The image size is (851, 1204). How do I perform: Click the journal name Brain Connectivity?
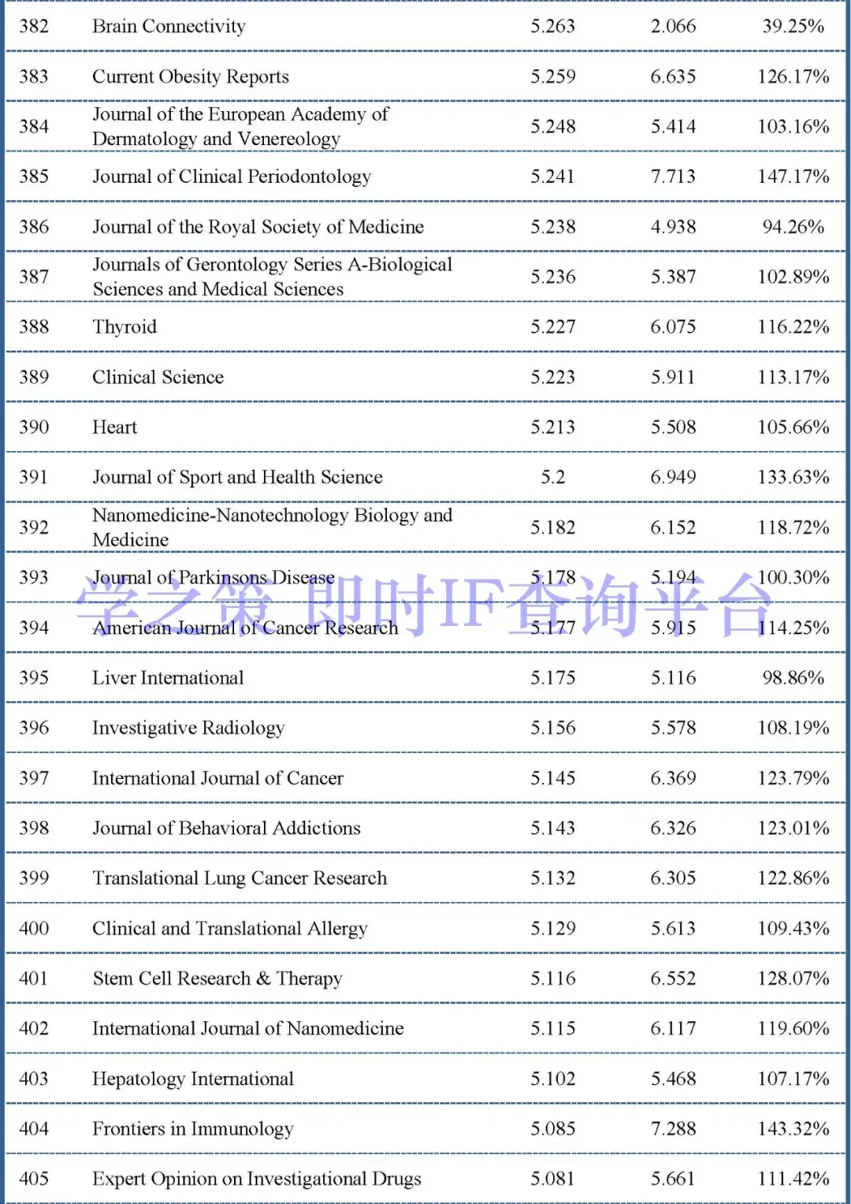click(x=169, y=27)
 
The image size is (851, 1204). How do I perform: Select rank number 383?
click(x=34, y=76)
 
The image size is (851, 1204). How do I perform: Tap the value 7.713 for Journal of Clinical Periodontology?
click(x=673, y=177)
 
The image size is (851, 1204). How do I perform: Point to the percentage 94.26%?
click(x=793, y=227)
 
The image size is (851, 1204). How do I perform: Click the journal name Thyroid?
click(x=124, y=327)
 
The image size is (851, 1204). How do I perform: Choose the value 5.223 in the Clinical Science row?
click(x=552, y=377)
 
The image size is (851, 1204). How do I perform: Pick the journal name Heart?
click(x=114, y=427)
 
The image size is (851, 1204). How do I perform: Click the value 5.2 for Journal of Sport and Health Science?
click(x=552, y=477)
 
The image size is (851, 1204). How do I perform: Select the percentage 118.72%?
click(x=793, y=527)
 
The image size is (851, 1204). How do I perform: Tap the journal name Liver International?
click(x=168, y=678)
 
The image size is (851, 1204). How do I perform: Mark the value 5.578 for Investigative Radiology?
click(x=673, y=728)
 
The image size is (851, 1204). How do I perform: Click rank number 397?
click(x=34, y=778)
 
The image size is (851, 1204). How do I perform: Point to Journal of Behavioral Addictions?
click(x=226, y=828)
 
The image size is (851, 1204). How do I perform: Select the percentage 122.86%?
click(x=793, y=878)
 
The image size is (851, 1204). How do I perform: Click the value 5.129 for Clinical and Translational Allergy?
click(x=552, y=929)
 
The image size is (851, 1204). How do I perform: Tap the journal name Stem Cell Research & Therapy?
click(x=217, y=978)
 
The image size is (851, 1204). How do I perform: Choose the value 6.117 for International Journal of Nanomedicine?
click(x=673, y=1029)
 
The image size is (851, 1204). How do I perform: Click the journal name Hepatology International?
click(x=193, y=1079)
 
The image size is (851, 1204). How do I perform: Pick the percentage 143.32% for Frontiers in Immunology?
click(x=793, y=1129)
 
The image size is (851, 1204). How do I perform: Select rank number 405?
click(x=34, y=1179)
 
